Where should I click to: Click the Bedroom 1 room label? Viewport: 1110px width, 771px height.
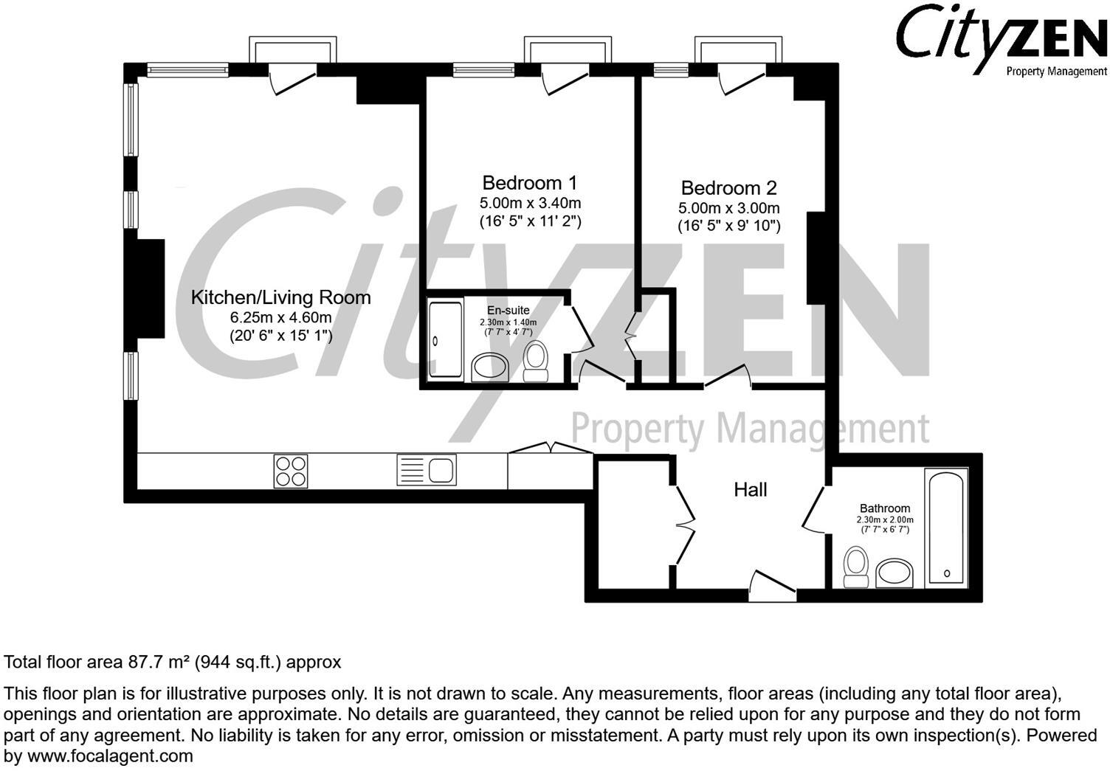(x=529, y=182)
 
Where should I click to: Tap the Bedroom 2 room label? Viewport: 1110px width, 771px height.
(x=728, y=188)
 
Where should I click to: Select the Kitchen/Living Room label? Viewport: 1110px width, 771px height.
(x=280, y=297)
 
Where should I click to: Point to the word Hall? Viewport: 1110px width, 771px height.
(x=750, y=489)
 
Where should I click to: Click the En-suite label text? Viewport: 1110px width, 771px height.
(x=508, y=311)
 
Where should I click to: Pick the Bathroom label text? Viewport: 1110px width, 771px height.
(x=884, y=508)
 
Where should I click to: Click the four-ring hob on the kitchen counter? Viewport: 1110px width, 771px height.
(x=291, y=470)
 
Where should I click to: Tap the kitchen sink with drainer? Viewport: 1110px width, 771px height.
(x=427, y=470)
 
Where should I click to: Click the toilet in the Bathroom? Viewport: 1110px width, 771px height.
(x=855, y=566)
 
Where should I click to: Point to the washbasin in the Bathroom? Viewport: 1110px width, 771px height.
(x=894, y=573)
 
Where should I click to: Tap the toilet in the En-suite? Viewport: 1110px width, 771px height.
(x=536, y=360)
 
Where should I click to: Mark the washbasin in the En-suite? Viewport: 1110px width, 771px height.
(x=489, y=367)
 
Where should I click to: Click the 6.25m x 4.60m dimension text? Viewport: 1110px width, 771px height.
(x=280, y=318)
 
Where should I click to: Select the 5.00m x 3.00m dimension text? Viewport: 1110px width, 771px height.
(x=728, y=208)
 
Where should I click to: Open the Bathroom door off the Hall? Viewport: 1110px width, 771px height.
(x=814, y=509)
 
